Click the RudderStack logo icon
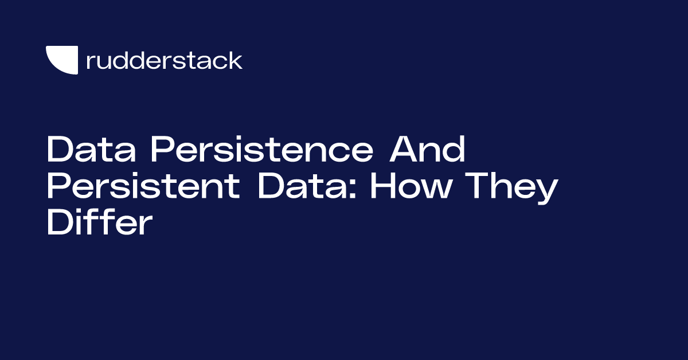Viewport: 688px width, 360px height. click(x=62, y=60)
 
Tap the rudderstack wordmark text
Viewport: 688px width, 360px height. click(x=165, y=61)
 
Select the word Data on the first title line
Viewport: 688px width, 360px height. click(x=91, y=149)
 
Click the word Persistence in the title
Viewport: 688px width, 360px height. click(x=262, y=149)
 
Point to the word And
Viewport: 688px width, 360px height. click(x=427, y=149)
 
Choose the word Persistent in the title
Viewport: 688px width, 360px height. click(x=143, y=186)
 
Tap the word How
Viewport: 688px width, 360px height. click(x=411, y=186)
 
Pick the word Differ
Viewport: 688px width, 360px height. click(x=100, y=221)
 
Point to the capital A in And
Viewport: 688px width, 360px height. click(x=404, y=149)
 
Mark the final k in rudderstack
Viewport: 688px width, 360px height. click(x=235, y=61)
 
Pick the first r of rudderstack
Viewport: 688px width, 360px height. click(x=91, y=62)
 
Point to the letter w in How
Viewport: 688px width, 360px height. click(x=437, y=189)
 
